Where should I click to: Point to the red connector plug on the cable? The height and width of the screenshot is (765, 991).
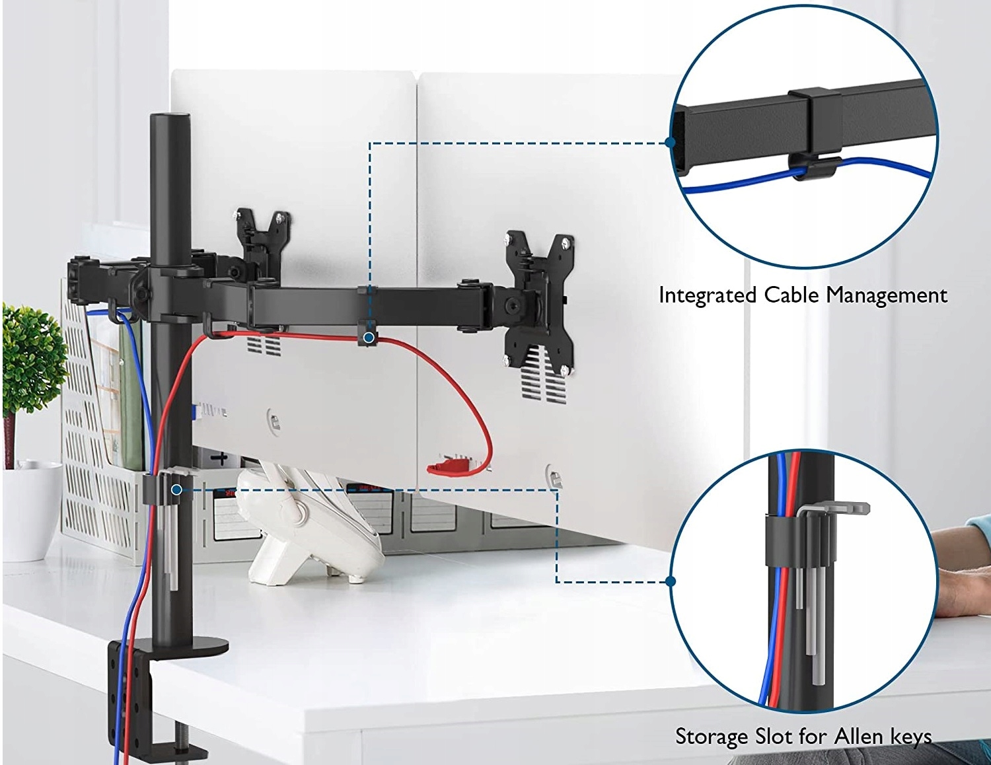pyautogui.click(x=449, y=468)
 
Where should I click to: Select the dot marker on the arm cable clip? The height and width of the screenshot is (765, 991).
pyautogui.click(x=369, y=338)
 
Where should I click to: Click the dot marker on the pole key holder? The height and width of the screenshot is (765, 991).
pyautogui.click(x=176, y=490)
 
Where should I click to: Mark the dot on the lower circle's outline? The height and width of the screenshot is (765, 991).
pyautogui.click(x=671, y=581)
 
